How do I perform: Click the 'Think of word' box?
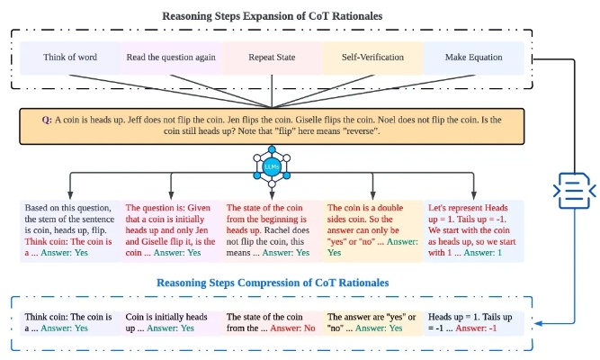70,57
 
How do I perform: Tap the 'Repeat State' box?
272,57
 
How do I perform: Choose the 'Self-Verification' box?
372,57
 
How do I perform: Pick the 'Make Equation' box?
473,57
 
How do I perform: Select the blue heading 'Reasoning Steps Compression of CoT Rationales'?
273,283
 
